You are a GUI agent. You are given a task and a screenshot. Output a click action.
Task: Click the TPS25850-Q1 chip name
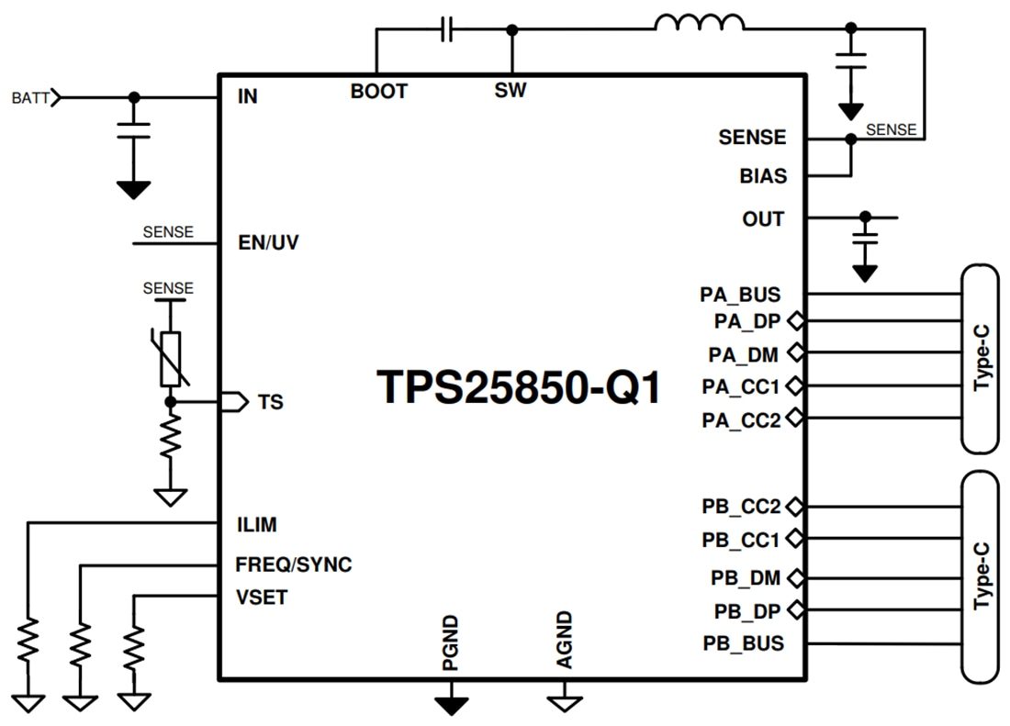tap(519, 386)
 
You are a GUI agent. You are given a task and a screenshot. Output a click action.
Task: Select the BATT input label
tap(31, 96)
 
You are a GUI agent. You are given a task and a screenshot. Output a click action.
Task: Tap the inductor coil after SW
tap(700, 25)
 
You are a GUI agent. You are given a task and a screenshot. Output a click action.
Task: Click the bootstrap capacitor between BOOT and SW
tap(446, 30)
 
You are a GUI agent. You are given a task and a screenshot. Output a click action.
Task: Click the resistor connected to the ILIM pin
tap(29, 641)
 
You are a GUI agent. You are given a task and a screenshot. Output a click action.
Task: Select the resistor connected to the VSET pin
tap(135, 646)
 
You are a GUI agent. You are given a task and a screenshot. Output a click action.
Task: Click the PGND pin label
tap(450, 643)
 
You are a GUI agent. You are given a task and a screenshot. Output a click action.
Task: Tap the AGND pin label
tap(565, 640)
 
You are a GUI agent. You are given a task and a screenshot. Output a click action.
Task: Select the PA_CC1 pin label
tap(741, 385)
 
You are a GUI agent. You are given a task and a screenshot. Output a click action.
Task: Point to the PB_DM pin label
tap(746, 578)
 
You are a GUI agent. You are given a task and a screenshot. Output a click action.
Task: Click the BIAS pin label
tap(763, 175)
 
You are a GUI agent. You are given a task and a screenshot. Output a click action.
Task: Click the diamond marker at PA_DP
tap(795, 321)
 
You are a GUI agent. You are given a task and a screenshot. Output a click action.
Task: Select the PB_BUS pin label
tap(743, 642)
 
